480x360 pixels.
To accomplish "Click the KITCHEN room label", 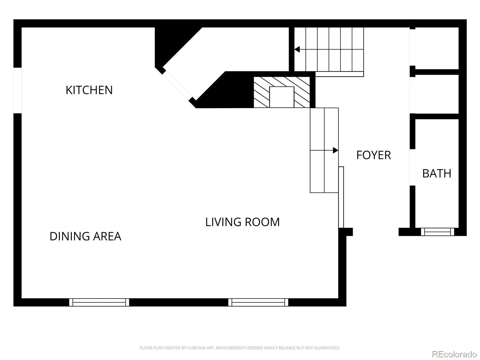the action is pos(89,90).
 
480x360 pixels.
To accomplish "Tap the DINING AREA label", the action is pos(85,236).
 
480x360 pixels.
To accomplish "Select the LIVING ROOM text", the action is pos(242,222).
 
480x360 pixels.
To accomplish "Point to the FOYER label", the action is pos(373,155).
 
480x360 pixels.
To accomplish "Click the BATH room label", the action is pos(436,174).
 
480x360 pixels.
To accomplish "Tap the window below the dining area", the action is pos(99,302).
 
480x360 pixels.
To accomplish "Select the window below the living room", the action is pos(258,302).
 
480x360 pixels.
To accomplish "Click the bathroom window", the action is pos(437,232).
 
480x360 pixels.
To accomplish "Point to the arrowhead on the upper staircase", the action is pos(297,49).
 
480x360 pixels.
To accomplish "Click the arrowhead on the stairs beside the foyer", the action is pos(335,150).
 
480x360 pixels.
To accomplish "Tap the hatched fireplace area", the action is pos(282,92).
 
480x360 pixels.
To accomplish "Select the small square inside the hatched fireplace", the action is pos(281,97).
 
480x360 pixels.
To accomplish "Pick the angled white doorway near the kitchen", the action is pos(178,85).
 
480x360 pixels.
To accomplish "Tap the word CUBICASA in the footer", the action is pos(196,348).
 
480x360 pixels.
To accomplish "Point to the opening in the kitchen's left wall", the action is pos(17,91).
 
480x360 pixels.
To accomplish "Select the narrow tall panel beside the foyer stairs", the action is pos(341,197).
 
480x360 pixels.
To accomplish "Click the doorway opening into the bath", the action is pos(412,167).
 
